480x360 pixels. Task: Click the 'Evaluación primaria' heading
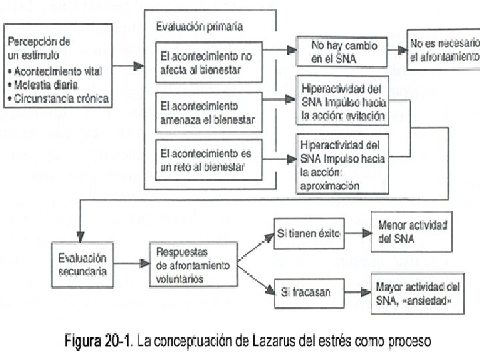tap(199, 27)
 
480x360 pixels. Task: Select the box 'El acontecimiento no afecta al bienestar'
tap(209, 63)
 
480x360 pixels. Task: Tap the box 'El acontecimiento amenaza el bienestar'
tap(209, 113)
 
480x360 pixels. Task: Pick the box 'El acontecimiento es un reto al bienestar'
tap(209, 159)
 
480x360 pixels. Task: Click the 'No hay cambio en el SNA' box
tap(342, 52)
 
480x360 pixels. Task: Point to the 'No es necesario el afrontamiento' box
tap(443, 49)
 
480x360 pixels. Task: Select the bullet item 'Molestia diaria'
tap(43, 85)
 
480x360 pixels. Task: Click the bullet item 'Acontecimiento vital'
tap(55, 71)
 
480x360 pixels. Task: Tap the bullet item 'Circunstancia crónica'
tap(58, 99)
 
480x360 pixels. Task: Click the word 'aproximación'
tap(329, 186)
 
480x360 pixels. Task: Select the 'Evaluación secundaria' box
tap(83, 265)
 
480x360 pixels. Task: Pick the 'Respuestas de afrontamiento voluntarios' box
tap(193, 265)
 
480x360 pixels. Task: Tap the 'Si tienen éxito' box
tap(309, 233)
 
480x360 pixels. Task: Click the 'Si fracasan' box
tap(309, 293)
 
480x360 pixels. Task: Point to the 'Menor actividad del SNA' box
tap(411, 232)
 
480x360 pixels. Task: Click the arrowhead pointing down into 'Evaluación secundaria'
tap(80, 237)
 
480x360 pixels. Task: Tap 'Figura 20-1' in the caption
tap(97, 341)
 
